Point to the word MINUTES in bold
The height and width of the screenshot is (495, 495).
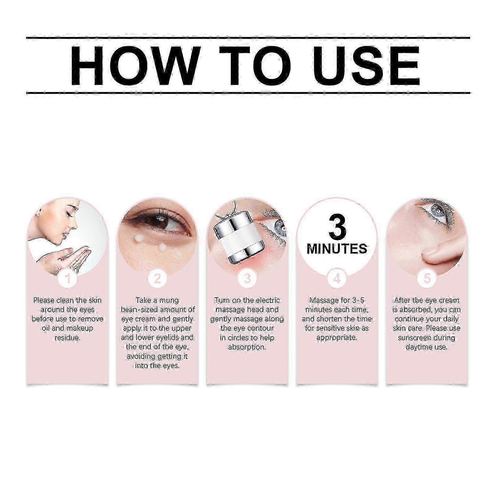tap(337, 248)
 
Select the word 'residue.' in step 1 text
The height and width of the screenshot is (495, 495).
tap(67, 338)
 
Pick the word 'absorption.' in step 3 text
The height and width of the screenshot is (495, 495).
tap(247, 347)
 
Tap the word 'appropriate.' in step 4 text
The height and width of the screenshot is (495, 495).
tap(337, 338)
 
